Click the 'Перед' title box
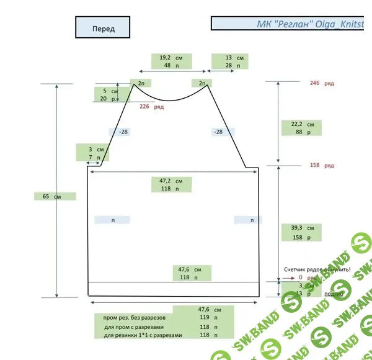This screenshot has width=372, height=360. pos(103,29)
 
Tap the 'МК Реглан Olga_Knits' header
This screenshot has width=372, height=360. pos(291,24)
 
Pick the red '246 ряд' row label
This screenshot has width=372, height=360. pos(322,83)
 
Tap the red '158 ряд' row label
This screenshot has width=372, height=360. pos(322,166)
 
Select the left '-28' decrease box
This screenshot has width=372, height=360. pos(123,132)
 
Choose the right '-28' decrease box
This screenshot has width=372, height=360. pos(218,132)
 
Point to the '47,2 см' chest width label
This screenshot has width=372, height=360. pos(171,181)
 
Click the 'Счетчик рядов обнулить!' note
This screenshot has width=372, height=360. pos(317,269)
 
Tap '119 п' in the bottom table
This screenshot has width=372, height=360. pos(205,317)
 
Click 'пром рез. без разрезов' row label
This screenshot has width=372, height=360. pos(135,317)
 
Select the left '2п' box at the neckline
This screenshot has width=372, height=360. pos(141,83)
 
